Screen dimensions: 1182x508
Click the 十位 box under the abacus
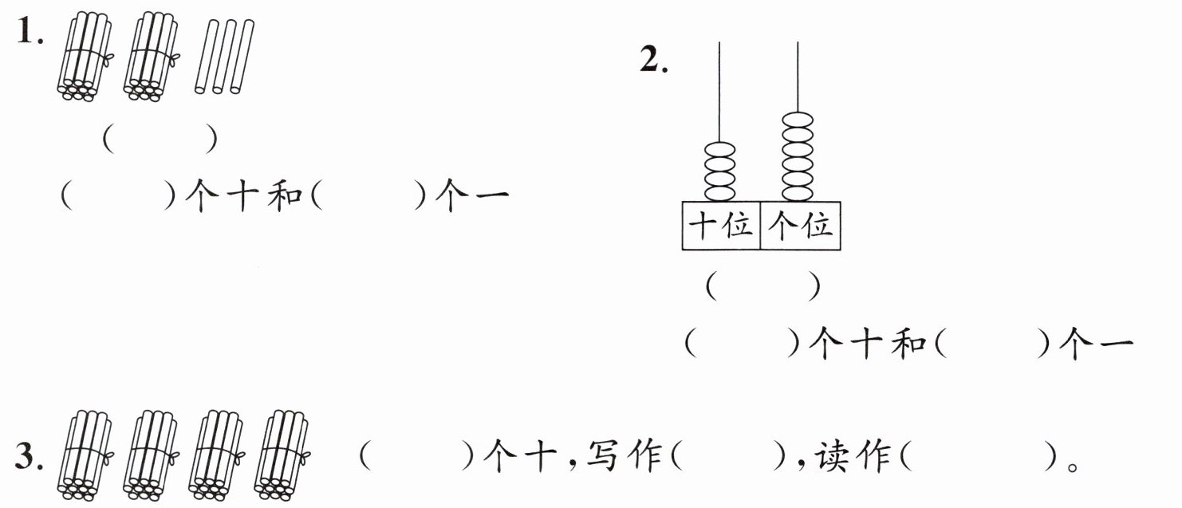721,226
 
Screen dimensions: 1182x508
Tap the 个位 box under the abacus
800,226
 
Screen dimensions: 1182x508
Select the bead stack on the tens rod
720,171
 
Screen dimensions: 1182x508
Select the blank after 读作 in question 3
979,456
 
